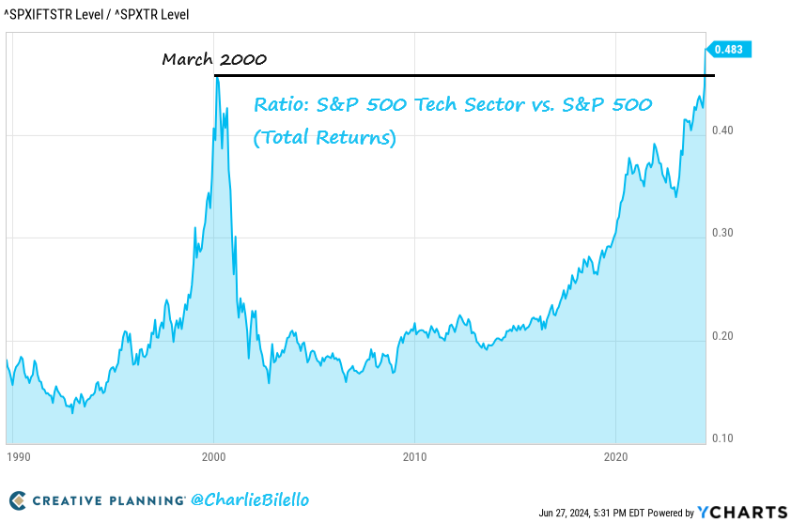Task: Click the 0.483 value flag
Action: click(x=730, y=48)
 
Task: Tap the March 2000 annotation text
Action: click(x=214, y=59)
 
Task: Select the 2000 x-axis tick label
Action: click(x=214, y=457)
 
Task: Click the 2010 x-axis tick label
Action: click(x=414, y=457)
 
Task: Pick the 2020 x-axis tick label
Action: click(x=614, y=457)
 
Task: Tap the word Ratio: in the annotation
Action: click(x=281, y=105)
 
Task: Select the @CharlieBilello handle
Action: click(x=250, y=500)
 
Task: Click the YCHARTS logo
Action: click(x=742, y=512)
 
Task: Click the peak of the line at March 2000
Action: click(x=217, y=77)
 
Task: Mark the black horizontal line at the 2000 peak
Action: click(x=470, y=75)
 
